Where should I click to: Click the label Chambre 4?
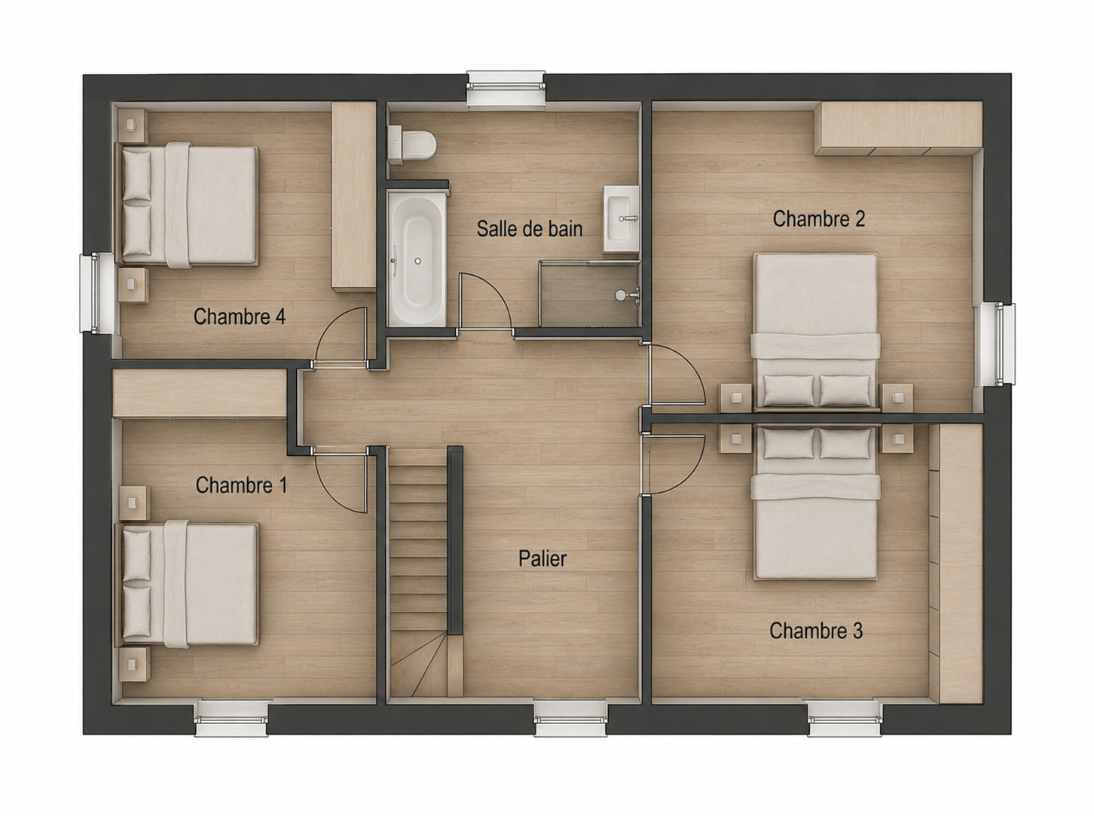(240, 316)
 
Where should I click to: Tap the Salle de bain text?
(530, 229)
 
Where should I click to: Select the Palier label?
(542, 558)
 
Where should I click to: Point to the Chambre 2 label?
(819, 219)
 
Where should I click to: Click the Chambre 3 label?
(816, 631)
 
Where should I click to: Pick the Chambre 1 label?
(241, 485)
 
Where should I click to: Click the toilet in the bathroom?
(411, 145)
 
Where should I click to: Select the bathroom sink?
(621, 219)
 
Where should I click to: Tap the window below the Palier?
(571, 718)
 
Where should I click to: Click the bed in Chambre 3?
(816, 502)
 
